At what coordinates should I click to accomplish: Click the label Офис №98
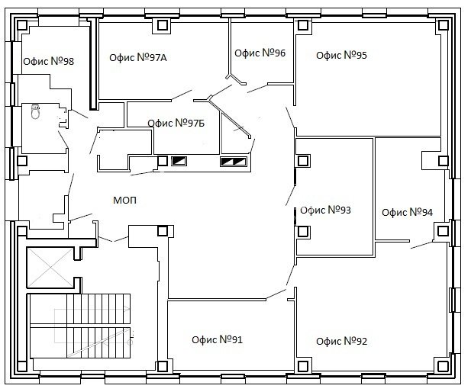pos(48,61)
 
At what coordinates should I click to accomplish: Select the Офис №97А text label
pos(138,57)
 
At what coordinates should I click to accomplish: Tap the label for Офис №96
pos(260,53)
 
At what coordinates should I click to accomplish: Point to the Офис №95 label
pos(341,55)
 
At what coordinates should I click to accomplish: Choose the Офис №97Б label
pos(176,123)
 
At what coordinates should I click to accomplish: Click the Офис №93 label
pos(325,210)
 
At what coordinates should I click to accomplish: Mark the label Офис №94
pos(408,213)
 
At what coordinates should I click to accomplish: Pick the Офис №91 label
pos(217,340)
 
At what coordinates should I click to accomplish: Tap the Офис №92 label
pos(341,341)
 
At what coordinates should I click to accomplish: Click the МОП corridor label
pos(124,201)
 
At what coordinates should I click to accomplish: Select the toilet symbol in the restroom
pos(35,111)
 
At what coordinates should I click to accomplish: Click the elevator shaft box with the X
pos(50,267)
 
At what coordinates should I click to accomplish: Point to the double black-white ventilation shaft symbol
pos(234,162)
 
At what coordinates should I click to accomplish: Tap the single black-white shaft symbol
pos(179,161)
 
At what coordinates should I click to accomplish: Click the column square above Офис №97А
pos(163,24)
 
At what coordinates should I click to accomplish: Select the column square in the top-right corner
pos(443,25)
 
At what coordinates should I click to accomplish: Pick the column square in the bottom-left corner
pos(22,366)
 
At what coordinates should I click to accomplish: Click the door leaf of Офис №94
pos(421,245)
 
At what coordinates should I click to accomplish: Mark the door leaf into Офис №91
pos(276,294)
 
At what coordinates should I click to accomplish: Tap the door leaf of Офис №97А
pos(182,95)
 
